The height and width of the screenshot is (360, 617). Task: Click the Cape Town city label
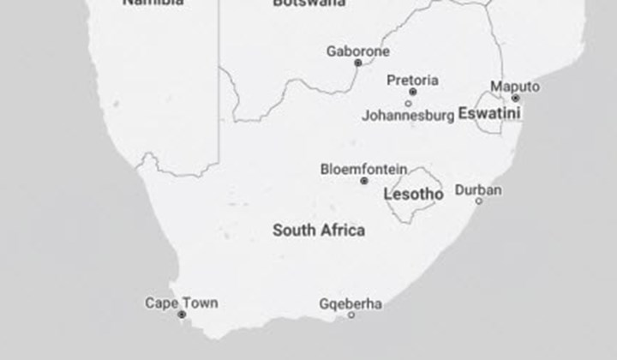181,303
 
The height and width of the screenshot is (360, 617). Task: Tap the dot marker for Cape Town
182,315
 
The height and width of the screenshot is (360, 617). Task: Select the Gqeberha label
350,304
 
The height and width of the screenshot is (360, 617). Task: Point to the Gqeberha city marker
350,315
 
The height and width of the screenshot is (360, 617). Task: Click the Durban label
478,189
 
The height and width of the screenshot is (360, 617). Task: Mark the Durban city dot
479,201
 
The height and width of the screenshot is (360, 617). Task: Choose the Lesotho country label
413,195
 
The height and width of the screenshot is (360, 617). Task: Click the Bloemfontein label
363,169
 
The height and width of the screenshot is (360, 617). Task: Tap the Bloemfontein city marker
364,181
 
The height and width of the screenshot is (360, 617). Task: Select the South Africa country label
318,230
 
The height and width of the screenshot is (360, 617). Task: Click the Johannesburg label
407,115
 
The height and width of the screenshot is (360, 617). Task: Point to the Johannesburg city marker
408,104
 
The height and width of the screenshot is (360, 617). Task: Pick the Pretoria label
412,81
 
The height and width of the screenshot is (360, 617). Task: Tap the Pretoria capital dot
412,92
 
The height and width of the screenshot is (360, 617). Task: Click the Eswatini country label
489,113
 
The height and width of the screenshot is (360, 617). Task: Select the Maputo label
515,87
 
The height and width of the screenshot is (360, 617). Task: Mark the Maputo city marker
515,98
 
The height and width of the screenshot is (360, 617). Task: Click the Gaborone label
357,51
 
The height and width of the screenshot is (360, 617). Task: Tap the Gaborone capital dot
358,63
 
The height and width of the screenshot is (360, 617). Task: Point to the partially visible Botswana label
309,3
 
